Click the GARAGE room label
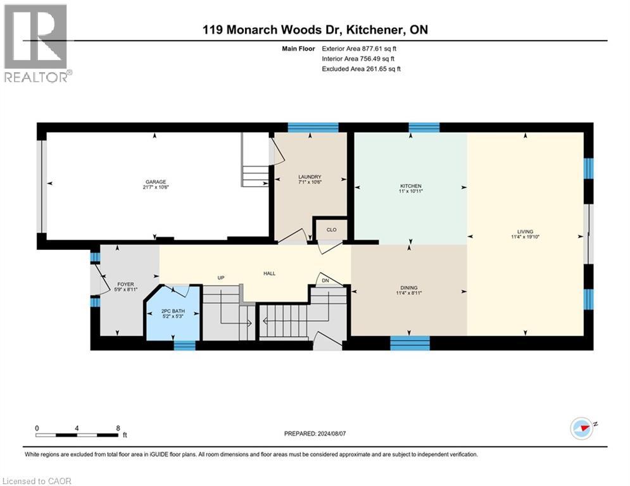click(x=155, y=182)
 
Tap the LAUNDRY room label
click(x=310, y=177)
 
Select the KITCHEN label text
click(x=410, y=186)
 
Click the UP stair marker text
click(x=221, y=278)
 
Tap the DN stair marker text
click(x=325, y=280)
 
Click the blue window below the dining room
click(x=410, y=344)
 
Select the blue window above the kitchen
click(x=424, y=127)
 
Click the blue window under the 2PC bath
click(x=184, y=345)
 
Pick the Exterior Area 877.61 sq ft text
click(x=361, y=48)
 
